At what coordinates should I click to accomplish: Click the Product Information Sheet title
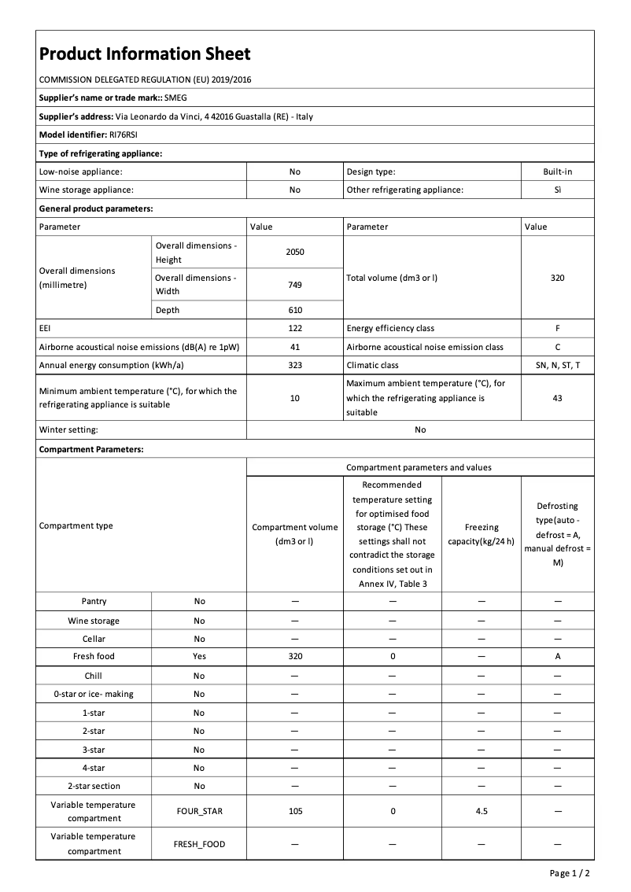point(145,53)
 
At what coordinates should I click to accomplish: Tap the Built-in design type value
point(557,171)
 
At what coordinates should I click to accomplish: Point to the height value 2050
point(295,252)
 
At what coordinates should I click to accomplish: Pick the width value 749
point(295,285)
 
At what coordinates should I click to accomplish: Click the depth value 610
point(295,310)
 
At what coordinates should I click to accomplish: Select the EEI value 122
point(295,328)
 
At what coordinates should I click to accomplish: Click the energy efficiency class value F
point(557,328)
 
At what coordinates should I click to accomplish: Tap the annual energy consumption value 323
point(295,365)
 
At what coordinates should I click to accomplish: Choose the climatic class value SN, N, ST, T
point(557,365)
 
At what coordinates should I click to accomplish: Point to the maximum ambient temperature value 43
point(557,398)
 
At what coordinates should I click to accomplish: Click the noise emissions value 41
point(295,347)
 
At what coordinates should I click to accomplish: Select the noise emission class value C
point(557,347)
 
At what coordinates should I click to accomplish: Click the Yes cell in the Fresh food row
point(199,656)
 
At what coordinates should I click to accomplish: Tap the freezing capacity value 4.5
point(482,811)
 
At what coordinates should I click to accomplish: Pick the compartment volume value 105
point(295,811)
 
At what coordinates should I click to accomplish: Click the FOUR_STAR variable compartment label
point(199,811)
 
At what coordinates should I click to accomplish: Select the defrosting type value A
point(557,656)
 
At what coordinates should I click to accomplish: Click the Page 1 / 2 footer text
point(569,873)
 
